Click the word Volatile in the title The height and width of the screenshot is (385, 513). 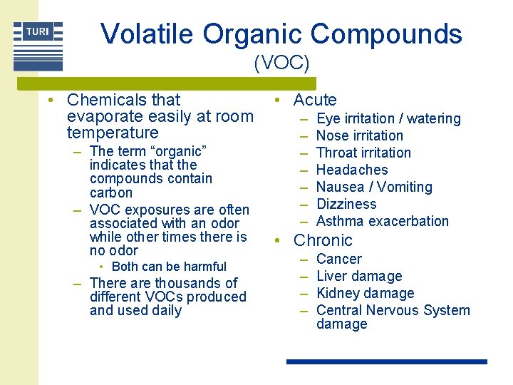[147, 34]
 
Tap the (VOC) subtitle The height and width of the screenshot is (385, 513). [281, 63]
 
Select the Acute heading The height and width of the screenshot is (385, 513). [315, 100]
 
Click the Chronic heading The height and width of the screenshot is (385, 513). [323, 240]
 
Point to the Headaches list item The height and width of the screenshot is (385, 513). [352, 170]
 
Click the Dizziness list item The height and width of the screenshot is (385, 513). [346, 204]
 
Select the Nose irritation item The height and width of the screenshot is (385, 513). [359, 135]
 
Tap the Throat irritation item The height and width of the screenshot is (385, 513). [363, 153]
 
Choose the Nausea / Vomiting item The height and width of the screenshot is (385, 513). [374, 187]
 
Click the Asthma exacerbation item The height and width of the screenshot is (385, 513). [382, 221]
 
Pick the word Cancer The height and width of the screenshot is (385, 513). [338, 259]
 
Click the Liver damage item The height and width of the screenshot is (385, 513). [359, 276]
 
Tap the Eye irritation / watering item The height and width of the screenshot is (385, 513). [388, 118]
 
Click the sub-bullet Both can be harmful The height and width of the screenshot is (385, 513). [169, 267]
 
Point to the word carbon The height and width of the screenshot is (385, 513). [111, 192]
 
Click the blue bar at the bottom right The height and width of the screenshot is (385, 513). [386, 362]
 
